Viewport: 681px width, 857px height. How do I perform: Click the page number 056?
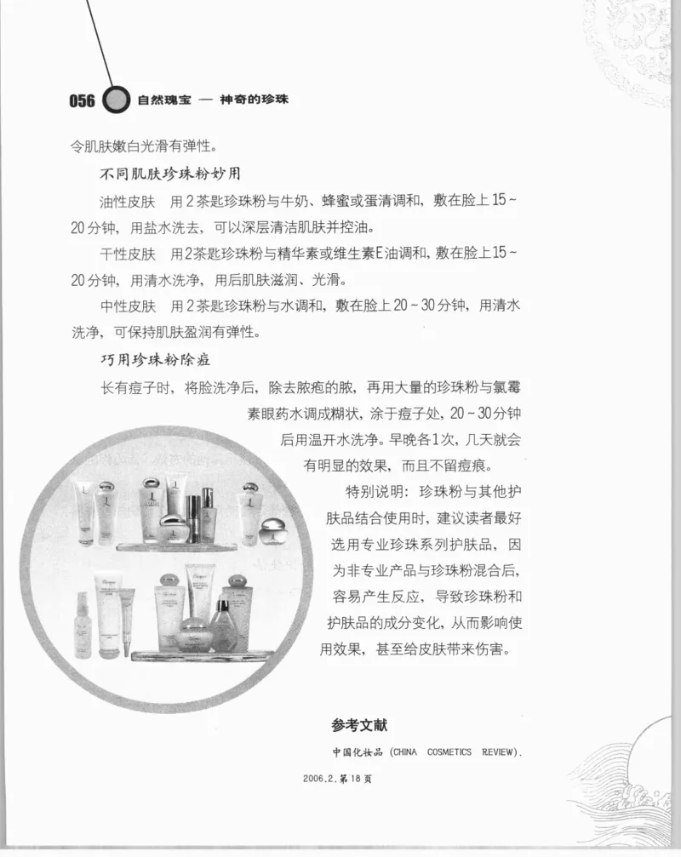pos(82,100)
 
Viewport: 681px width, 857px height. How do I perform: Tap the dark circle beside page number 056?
pos(116,100)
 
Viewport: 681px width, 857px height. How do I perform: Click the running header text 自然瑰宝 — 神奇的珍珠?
pos(213,100)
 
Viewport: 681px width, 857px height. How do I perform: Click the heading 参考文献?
pos(359,726)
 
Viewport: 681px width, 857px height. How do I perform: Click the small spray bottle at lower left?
pos(83,626)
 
